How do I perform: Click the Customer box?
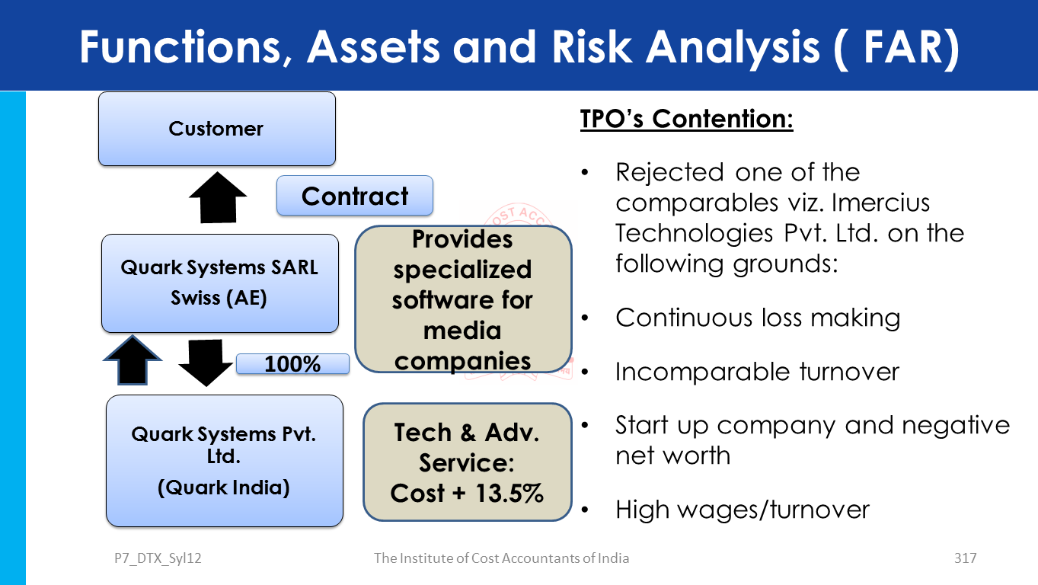(x=217, y=129)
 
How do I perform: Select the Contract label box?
(x=355, y=196)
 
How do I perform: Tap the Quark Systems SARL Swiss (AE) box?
(x=220, y=283)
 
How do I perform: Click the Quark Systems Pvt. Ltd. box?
(x=225, y=461)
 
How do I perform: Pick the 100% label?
(x=293, y=364)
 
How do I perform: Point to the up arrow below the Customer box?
(x=218, y=197)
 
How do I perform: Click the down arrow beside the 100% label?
(x=206, y=363)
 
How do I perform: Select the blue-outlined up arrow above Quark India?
(x=133, y=360)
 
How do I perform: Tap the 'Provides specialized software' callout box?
(x=463, y=299)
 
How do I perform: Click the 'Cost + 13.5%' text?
(x=467, y=494)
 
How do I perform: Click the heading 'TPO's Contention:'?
(x=687, y=119)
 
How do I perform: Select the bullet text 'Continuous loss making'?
(x=758, y=318)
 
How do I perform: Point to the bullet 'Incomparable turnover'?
(x=757, y=372)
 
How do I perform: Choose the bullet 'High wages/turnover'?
(x=743, y=510)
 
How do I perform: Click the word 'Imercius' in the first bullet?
(x=880, y=203)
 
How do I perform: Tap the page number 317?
(x=965, y=558)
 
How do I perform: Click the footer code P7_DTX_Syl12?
(x=158, y=558)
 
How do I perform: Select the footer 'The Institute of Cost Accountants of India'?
(x=501, y=558)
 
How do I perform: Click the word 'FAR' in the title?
(x=904, y=47)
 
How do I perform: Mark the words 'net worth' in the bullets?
(x=673, y=456)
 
